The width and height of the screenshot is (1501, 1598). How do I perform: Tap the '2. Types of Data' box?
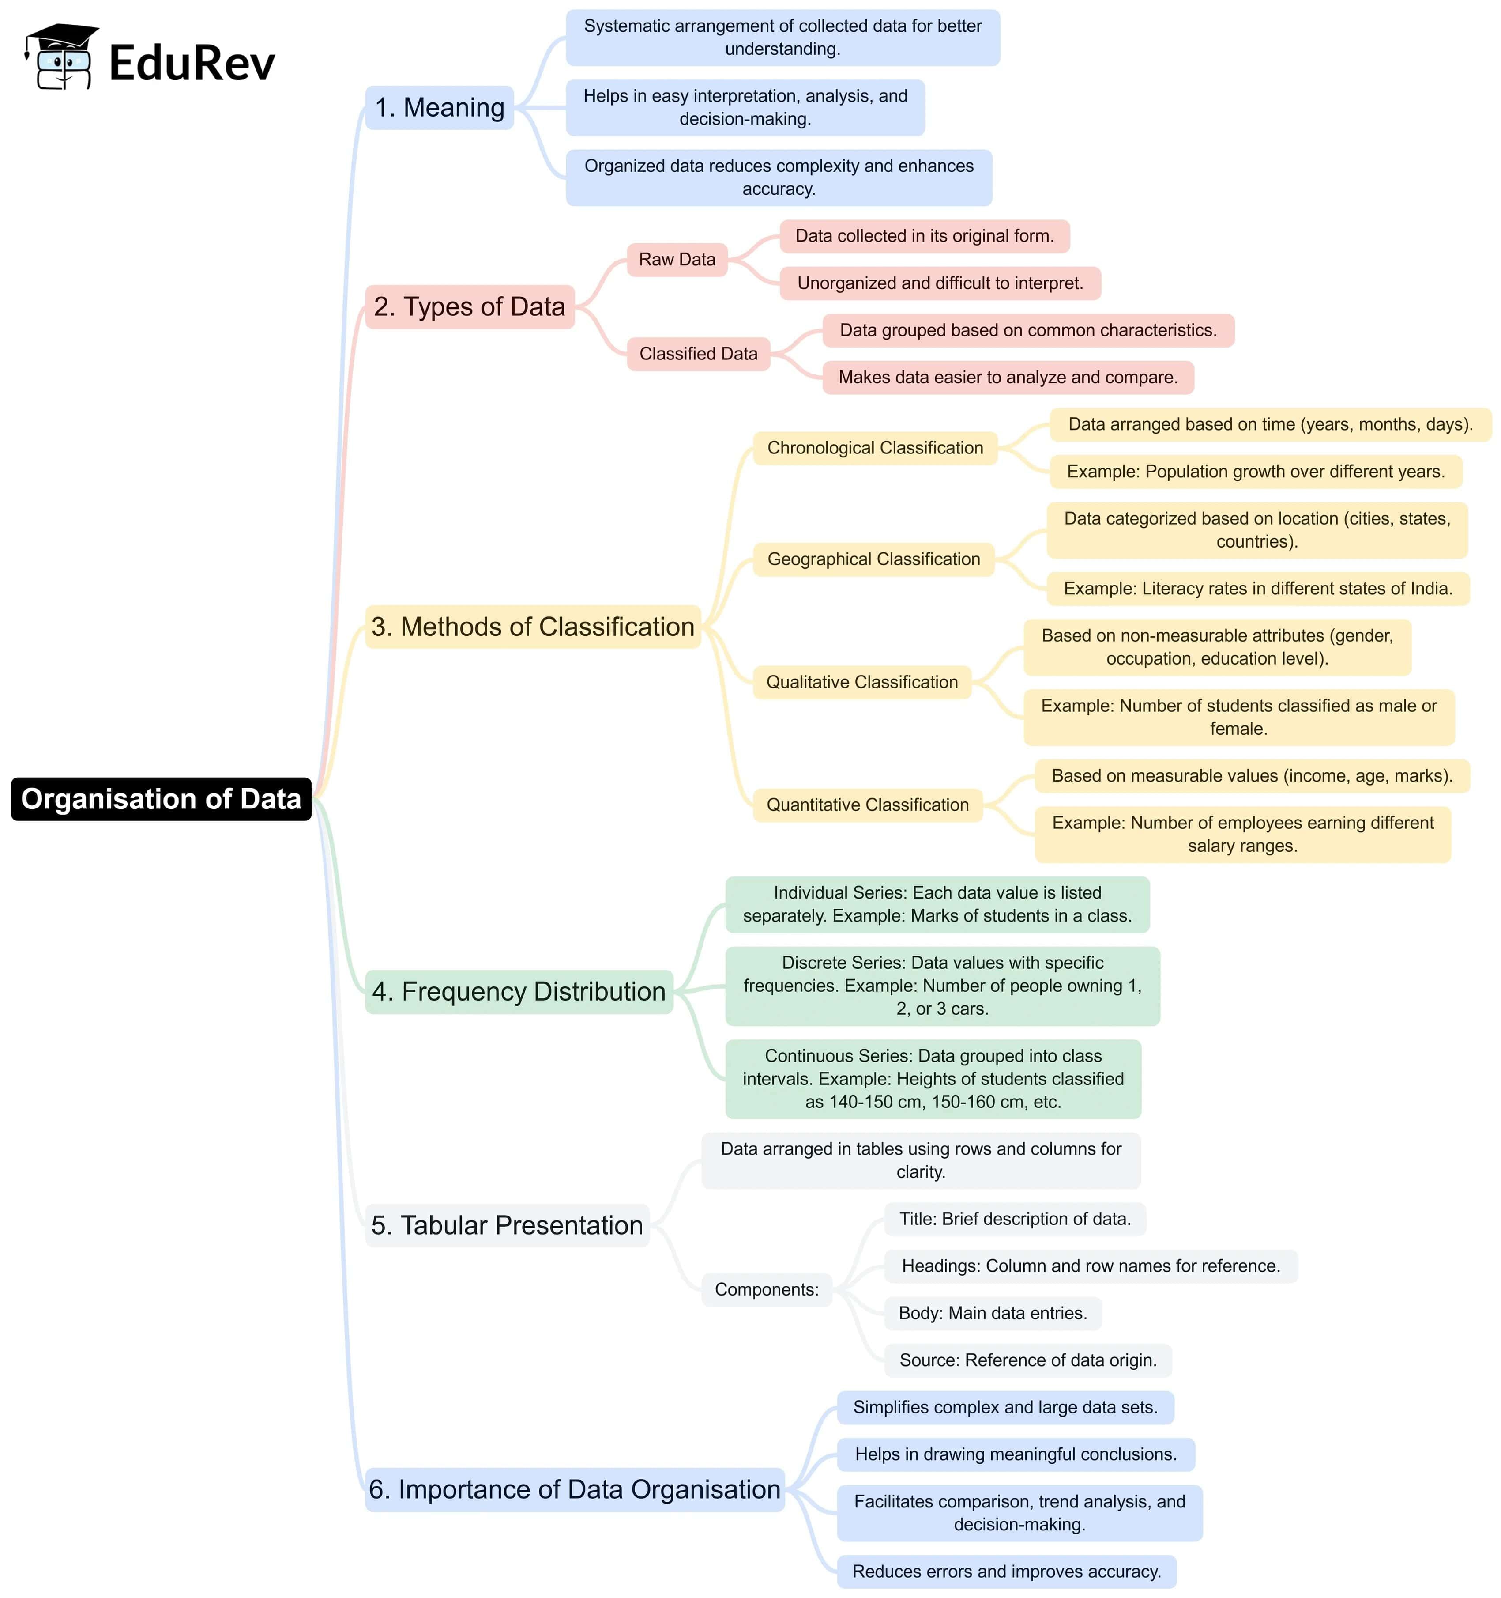(469, 306)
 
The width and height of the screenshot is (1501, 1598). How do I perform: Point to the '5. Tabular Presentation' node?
(507, 1225)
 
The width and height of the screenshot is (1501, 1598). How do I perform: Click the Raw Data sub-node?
(677, 260)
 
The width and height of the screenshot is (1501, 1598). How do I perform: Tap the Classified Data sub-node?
(698, 354)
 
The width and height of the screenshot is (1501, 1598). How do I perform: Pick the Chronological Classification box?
(875, 448)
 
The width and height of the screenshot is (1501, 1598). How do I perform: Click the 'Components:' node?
(767, 1289)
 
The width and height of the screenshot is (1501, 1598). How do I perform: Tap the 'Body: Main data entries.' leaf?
(993, 1313)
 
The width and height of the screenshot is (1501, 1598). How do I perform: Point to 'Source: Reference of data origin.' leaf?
(1028, 1360)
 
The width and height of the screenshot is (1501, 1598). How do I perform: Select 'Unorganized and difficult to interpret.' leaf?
(940, 283)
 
